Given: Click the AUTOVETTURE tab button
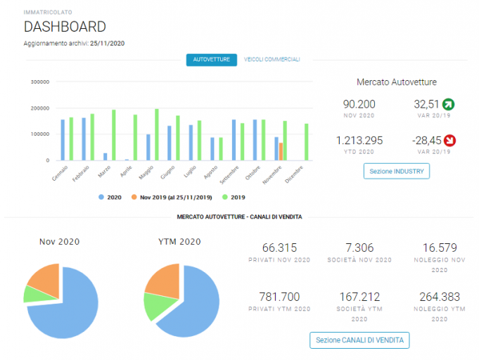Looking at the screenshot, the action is (x=212, y=60).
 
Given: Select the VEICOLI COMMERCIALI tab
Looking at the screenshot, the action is (x=272, y=60).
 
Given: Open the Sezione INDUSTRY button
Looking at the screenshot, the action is (x=397, y=171).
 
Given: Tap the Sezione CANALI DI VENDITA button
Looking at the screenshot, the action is (x=359, y=340).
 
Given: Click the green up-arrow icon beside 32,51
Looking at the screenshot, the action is (x=449, y=104).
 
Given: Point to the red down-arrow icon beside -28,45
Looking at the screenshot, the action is (x=449, y=141).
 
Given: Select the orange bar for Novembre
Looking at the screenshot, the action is (x=281, y=151).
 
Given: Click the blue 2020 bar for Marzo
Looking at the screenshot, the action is (x=106, y=157).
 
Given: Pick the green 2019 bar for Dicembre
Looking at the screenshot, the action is (x=307, y=142).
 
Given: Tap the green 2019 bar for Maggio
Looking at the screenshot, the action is (x=157, y=135).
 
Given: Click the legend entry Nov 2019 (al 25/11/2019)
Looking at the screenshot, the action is (x=172, y=198).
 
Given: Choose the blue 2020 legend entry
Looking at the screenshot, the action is (x=110, y=198).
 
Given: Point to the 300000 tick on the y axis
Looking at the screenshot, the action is (x=40, y=82).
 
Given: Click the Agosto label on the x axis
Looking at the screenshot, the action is (x=211, y=172).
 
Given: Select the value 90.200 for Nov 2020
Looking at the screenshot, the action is (x=359, y=104).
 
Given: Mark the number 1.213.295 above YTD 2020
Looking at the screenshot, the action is (x=359, y=141).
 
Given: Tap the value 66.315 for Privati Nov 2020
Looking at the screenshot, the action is (x=279, y=247).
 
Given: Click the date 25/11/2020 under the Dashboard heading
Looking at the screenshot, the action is (x=107, y=44).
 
